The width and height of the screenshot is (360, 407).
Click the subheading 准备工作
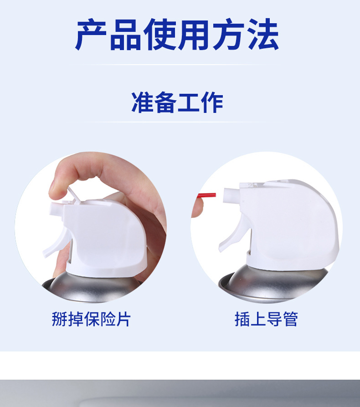tap(177, 102)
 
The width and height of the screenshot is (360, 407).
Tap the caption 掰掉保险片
tap(91, 319)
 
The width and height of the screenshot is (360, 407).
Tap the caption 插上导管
tap(266, 319)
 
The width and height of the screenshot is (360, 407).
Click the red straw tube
tap(207, 196)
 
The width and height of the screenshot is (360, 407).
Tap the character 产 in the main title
tap(92, 35)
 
